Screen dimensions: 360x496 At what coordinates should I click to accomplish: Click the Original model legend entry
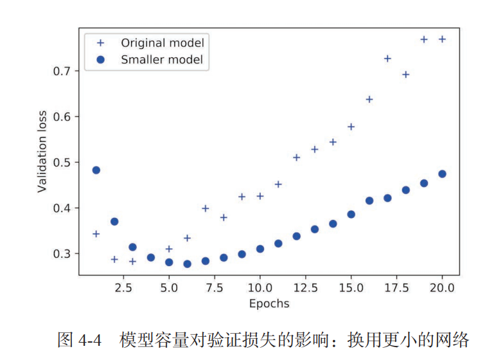pyautogui.click(x=163, y=43)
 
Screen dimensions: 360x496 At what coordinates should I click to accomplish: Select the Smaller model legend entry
pyautogui.click(x=162, y=60)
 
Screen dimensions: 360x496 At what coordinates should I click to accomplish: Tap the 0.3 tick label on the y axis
pyautogui.click(x=62, y=253)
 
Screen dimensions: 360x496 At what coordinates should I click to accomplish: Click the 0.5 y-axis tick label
pyautogui.click(x=62, y=162)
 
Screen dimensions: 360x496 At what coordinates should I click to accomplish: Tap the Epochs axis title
pyautogui.click(x=269, y=303)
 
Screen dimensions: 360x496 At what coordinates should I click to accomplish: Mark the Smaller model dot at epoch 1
pyautogui.click(x=96, y=170)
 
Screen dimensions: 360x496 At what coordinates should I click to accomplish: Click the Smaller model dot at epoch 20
pyautogui.click(x=442, y=174)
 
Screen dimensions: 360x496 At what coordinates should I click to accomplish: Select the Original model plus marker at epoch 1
pyautogui.click(x=96, y=233)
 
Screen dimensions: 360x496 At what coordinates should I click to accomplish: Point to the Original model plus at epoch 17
pyautogui.click(x=387, y=59)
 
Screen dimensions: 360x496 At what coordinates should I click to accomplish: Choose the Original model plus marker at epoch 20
pyautogui.click(x=442, y=39)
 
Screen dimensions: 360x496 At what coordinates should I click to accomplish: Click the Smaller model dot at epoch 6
pyautogui.click(x=187, y=264)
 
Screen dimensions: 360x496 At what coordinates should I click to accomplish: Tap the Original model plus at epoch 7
pyautogui.click(x=206, y=208)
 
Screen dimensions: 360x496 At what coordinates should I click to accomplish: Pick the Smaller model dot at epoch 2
pyautogui.click(x=114, y=221)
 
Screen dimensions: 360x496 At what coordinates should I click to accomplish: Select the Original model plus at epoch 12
pyautogui.click(x=296, y=157)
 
